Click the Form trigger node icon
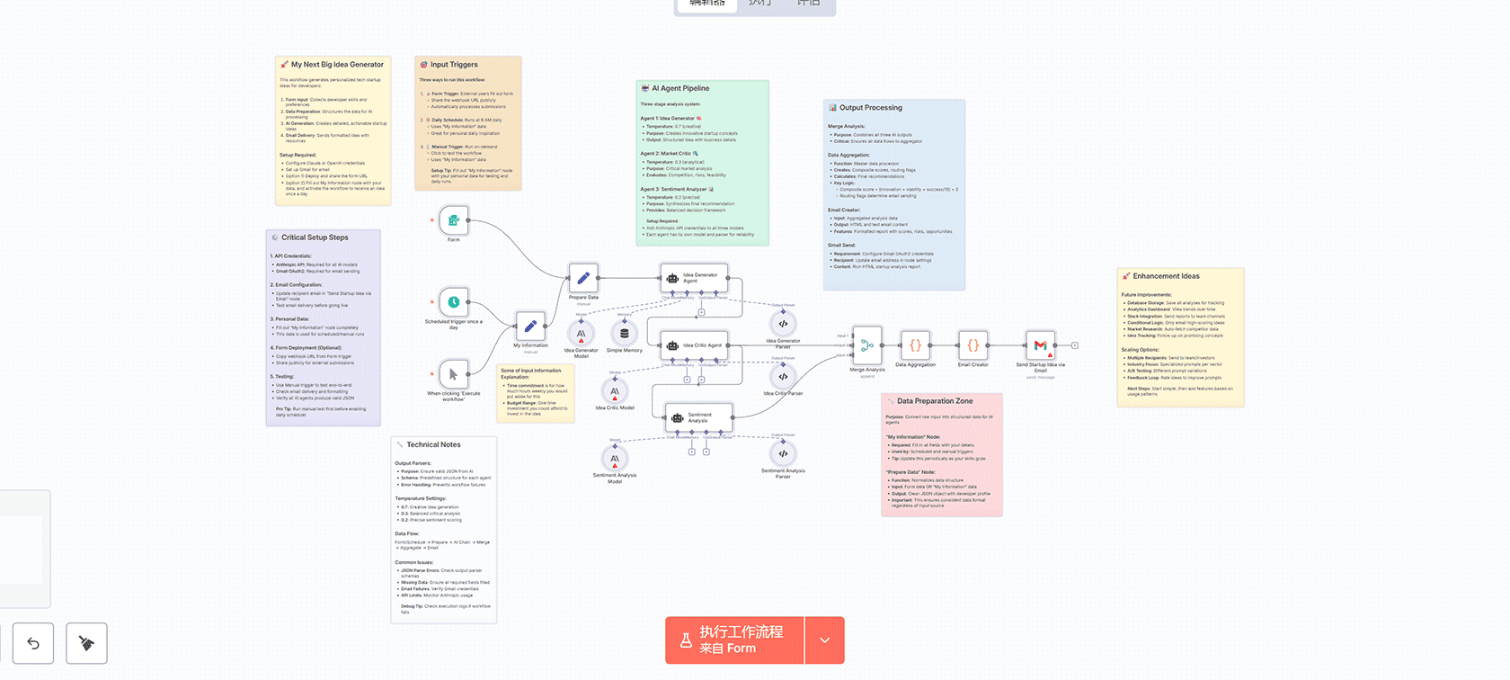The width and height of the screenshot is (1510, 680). (x=454, y=220)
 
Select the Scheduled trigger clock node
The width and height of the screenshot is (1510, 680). (x=454, y=302)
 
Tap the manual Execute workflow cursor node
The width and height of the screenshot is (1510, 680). (x=454, y=374)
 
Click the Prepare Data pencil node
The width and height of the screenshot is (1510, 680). (x=583, y=278)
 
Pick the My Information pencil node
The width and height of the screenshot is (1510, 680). (x=530, y=326)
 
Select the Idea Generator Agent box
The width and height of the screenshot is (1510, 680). (x=694, y=278)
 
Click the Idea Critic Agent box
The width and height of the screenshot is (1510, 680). (x=695, y=344)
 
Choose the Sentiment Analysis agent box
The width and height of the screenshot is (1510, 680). (x=698, y=417)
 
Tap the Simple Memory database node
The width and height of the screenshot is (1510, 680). (x=625, y=333)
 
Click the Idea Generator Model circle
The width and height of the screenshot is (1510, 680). (x=582, y=334)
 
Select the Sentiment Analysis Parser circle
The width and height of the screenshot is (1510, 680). (x=783, y=453)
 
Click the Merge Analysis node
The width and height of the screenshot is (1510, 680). (x=867, y=345)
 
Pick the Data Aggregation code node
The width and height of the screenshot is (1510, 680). (x=915, y=345)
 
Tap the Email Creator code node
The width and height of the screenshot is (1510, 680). (x=973, y=345)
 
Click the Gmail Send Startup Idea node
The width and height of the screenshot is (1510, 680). (x=1040, y=345)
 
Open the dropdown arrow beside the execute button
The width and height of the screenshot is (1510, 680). (x=825, y=640)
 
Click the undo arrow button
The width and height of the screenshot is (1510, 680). (x=33, y=643)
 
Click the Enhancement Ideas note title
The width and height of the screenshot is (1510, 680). (x=1166, y=276)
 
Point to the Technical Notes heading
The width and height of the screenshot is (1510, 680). (x=433, y=444)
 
